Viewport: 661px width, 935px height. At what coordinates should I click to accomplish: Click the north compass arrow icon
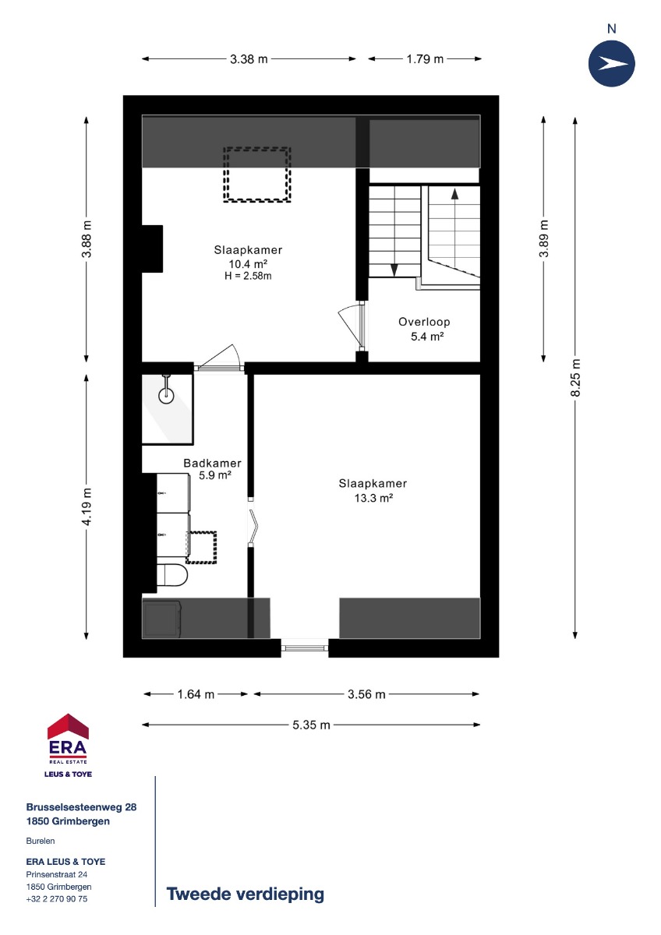[611, 63]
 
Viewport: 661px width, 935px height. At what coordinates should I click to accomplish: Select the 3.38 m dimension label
[249, 59]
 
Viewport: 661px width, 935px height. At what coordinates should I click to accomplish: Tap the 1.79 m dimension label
[425, 59]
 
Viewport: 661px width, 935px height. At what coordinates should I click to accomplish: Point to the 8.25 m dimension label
[575, 377]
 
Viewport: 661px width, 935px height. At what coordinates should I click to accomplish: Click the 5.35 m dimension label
[311, 725]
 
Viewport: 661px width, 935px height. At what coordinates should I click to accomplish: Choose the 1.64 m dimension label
[196, 694]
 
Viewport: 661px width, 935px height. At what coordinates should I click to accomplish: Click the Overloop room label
[424, 322]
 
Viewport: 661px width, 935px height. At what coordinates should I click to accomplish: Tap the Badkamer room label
[212, 463]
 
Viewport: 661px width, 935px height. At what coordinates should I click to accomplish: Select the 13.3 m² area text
[373, 498]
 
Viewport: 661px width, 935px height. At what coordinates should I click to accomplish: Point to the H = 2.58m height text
[248, 276]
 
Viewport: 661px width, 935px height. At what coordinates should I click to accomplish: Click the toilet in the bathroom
[172, 575]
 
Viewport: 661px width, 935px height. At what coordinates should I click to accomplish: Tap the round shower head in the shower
[166, 396]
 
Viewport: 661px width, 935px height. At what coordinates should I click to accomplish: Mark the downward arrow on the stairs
[394, 270]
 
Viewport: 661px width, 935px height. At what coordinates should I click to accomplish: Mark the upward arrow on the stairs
[454, 194]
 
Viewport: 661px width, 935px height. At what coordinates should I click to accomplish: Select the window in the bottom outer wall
[305, 647]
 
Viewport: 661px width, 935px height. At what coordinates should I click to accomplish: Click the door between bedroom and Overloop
[362, 326]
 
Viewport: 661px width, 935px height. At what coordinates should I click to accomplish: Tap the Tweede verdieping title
[245, 894]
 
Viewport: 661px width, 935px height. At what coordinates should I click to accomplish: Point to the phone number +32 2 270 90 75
[57, 898]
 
